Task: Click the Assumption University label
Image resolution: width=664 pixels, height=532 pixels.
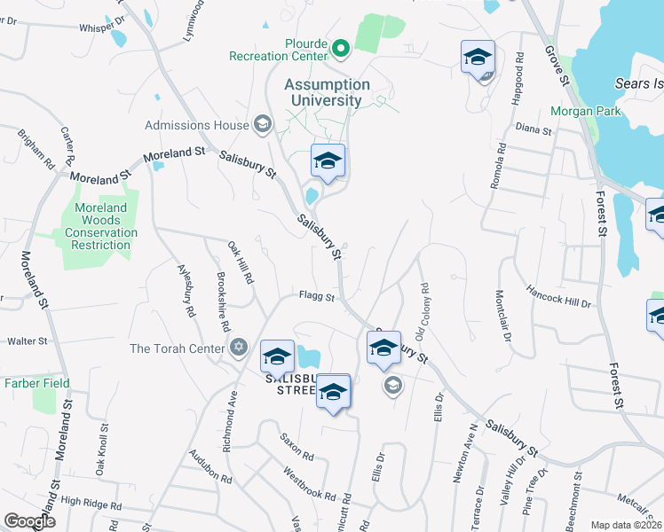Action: click(327, 92)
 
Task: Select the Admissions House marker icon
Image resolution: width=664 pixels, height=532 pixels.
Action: click(262, 124)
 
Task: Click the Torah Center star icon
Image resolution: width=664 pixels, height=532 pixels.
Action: click(238, 348)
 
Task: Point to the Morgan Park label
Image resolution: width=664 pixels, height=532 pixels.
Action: click(574, 111)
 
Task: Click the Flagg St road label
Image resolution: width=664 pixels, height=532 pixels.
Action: click(316, 297)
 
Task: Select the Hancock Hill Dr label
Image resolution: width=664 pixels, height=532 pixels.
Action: click(558, 296)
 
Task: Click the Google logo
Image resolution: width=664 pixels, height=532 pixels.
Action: click(29, 521)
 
